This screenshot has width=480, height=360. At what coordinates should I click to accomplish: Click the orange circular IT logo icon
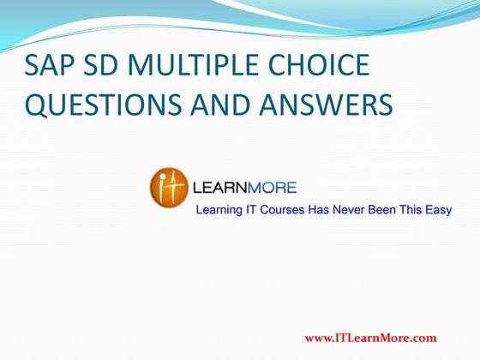tap(169, 185)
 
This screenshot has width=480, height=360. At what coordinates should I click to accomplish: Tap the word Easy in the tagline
tap(438, 210)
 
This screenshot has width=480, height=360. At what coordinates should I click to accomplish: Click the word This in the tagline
tap(412, 210)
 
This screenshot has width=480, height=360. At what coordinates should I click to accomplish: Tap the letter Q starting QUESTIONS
tap(37, 105)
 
